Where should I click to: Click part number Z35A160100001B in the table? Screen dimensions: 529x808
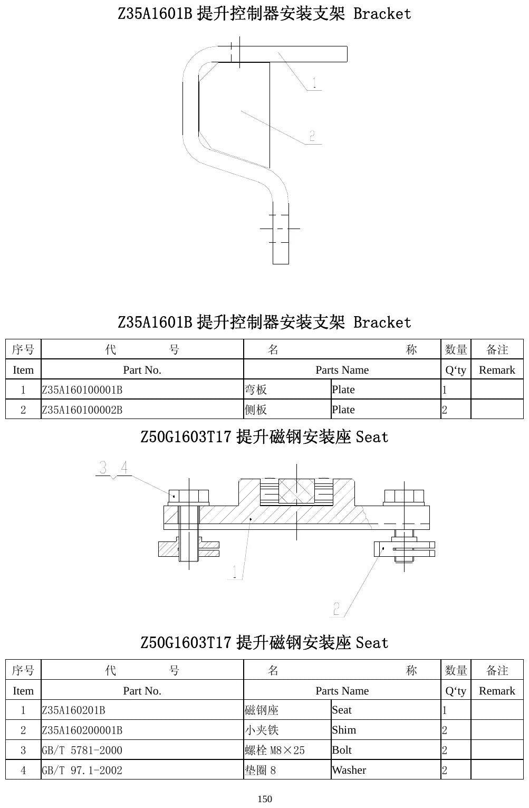click(82, 389)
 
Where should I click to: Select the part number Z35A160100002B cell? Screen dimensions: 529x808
click(82, 410)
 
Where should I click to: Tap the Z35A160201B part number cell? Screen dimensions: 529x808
click(73, 710)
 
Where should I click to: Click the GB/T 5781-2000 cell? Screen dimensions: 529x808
click(82, 750)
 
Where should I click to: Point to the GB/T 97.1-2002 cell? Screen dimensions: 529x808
click(82, 771)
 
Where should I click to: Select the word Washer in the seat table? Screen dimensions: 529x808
click(349, 770)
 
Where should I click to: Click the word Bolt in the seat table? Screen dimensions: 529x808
click(341, 750)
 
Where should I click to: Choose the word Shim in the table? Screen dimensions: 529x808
click(344, 730)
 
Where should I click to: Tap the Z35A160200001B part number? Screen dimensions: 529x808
click(82, 730)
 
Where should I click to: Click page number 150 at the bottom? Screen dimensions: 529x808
click(265, 799)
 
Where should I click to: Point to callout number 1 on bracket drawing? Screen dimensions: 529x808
click(314, 83)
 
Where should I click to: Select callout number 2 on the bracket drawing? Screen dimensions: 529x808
click(312, 136)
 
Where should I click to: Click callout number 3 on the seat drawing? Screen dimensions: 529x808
click(103, 468)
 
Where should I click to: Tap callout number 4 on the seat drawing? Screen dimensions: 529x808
click(124, 467)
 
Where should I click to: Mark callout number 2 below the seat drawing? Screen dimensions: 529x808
click(336, 609)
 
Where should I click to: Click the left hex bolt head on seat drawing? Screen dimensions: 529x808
click(189, 496)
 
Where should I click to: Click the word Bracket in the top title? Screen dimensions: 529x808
click(382, 14)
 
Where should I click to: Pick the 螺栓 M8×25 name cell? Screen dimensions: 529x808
click(274, 750)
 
